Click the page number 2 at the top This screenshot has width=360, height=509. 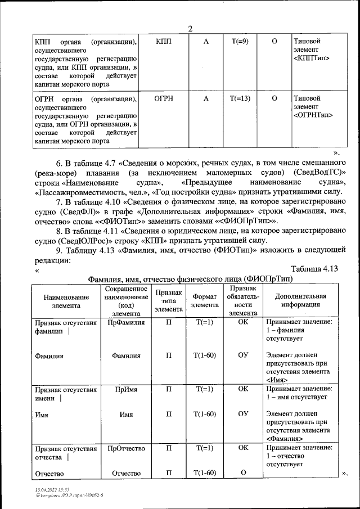point(190,29)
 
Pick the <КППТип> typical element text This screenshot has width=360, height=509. point(311,58)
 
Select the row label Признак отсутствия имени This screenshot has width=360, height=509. point(65,393)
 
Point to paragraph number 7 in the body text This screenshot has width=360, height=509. point(58,201)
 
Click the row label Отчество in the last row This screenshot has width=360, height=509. point(49,474)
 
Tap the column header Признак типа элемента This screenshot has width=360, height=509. point(169,301)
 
